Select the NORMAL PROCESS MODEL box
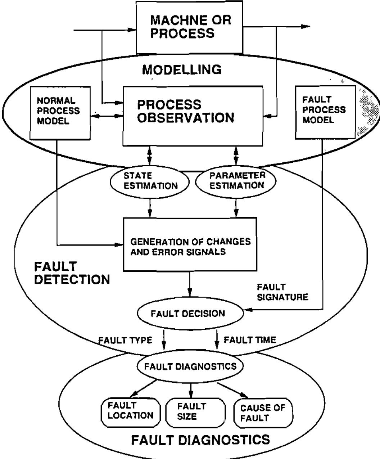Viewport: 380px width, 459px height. click(x=60, y=112)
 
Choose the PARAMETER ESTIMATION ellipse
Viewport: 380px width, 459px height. click(x=236, y=181)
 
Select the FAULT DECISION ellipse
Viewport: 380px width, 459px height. click(x=190, y=314)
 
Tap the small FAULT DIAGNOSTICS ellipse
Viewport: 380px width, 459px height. click(x=190, y=366)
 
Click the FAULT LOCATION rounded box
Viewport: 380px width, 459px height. click(x=130, y=411)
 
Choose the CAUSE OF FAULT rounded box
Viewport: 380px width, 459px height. click(x=262, y=413)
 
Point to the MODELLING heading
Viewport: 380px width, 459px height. click(x=182, y=70)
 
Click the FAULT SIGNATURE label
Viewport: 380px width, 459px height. click(x=282, y=292)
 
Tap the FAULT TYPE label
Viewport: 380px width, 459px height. click(x=125, y=340)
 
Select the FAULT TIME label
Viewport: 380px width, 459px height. click(x=250, y=339)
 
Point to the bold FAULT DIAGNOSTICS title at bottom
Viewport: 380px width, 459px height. click(x=200, y=440)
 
